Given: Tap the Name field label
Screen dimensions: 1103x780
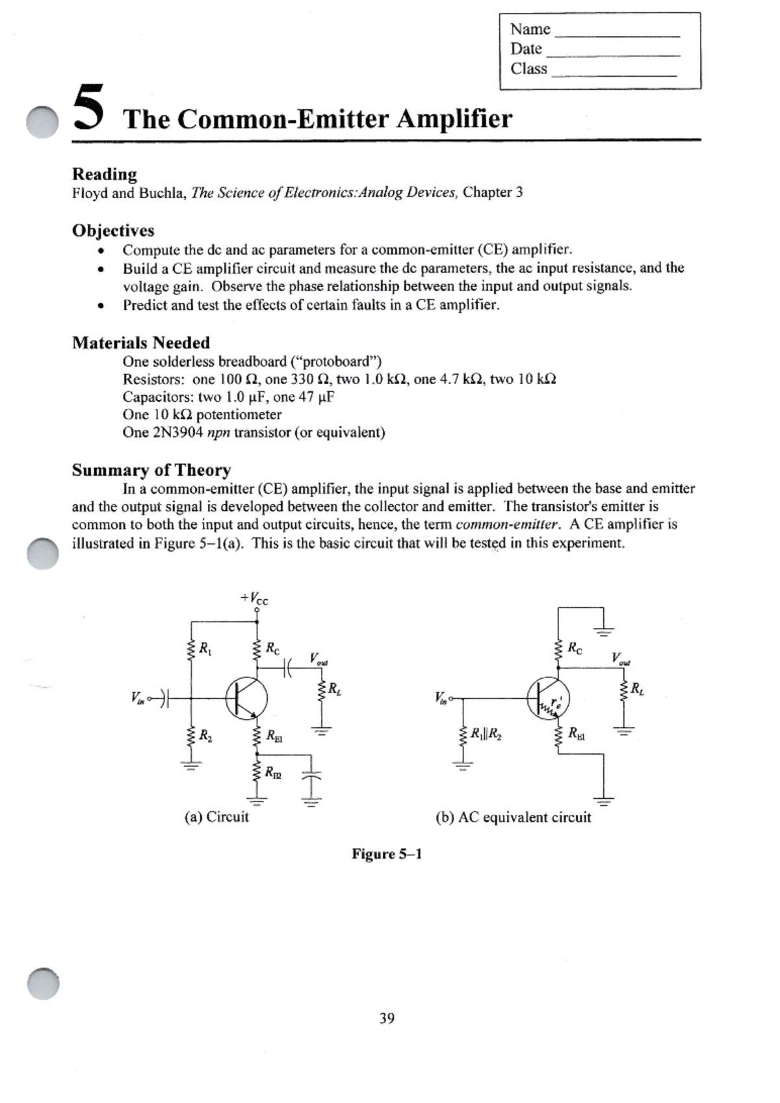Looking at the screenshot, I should pyautogui.click(x=530, y=29).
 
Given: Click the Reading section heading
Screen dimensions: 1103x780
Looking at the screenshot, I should pyautogui.click(x=105, y=174).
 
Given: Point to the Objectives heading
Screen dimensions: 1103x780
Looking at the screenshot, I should pyautogui.click(x=113, y=231).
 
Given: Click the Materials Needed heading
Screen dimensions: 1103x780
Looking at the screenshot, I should pyautogui.click(x=141, y=343).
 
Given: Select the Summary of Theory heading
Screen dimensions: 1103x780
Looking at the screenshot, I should pyautogui.click(x=151, y=470).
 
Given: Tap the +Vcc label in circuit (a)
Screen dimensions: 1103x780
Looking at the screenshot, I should pyautogui.click(x=254, y=599).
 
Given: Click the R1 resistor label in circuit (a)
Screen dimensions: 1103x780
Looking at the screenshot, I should pyautogui.click(x=205, y=648).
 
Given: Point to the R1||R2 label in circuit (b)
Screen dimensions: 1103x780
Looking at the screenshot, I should pyautogui.click(x=486, y=734).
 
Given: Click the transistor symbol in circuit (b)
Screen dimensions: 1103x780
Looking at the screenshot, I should pyautogui.click(x=548, y=697).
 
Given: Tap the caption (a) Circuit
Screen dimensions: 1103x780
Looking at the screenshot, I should pyautogui.click(x=216, y=817).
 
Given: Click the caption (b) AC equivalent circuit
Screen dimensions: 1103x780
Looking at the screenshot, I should pyautogui.click(x=513, y=818).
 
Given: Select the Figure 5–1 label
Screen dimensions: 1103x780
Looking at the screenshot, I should pyautogui.click(x=387, y=854).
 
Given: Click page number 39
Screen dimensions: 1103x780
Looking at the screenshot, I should pyautogui.click(x=387, y=1019).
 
